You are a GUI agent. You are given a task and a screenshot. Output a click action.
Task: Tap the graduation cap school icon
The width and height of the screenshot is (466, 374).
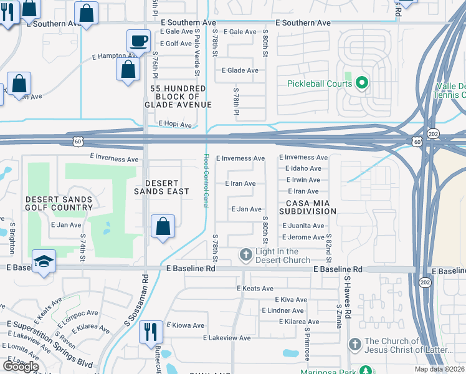44,262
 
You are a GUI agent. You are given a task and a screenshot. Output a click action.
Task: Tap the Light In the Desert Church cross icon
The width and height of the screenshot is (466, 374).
246,255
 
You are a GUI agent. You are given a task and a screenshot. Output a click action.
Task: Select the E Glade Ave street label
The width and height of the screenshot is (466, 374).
240,70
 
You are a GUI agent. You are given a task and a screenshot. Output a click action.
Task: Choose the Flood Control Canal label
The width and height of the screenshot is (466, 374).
206,181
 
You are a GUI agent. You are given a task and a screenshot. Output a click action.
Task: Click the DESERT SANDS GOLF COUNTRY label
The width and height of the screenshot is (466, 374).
59,203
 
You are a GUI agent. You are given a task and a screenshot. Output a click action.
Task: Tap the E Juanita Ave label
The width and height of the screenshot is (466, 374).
303,226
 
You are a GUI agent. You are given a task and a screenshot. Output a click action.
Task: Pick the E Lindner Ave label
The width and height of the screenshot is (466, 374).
283,310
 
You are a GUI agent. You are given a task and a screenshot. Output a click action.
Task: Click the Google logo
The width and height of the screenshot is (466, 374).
21,366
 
